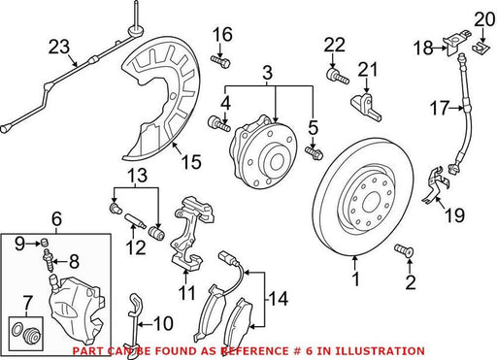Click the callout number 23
(59, 47)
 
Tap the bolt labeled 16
(220, 61)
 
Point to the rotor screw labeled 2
(404, 251)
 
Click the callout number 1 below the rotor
(356, 278)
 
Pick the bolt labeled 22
(337, 76)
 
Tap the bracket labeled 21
(366, 106)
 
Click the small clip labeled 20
(480, 47)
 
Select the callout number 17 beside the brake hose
(440, 108)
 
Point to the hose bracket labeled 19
(435, 185)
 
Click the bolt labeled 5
(314, 152)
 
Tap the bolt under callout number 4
(218, 124)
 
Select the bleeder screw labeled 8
(49, 260)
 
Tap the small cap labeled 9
(46, 242)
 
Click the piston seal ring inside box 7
(17, 329)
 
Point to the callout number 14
(278, 299)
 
